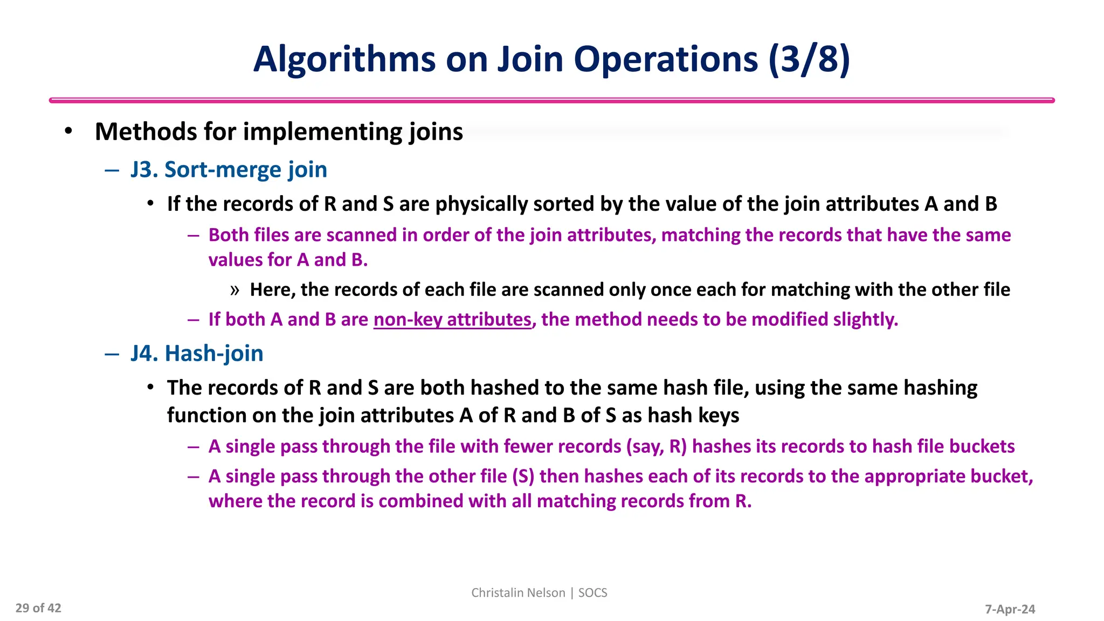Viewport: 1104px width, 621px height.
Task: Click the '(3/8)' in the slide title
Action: (x=809, y=59)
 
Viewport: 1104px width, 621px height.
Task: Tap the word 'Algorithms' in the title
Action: (x=344, y=59)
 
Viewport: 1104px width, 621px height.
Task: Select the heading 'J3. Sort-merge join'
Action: (x=229, y=170)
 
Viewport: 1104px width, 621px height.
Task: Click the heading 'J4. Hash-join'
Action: (x=197, y=354)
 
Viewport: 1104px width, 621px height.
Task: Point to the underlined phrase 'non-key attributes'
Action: (x=452, y=320)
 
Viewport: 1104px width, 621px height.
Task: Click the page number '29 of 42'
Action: (x=38, y=608)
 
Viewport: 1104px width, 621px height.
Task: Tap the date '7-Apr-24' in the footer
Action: (x=1010, y=609)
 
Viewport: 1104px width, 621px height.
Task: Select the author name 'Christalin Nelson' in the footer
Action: (x=518, y=593)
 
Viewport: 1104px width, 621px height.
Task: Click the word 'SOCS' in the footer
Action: (x=592, y=593)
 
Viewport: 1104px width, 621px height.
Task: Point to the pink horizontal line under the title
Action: (x=551, y=100)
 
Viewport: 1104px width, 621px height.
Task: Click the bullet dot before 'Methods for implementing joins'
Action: (x=68, y=132)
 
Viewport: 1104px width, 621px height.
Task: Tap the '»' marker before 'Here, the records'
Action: (x=234, y=290)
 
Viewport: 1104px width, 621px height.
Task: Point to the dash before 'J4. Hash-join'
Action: (x=112, y=354)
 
